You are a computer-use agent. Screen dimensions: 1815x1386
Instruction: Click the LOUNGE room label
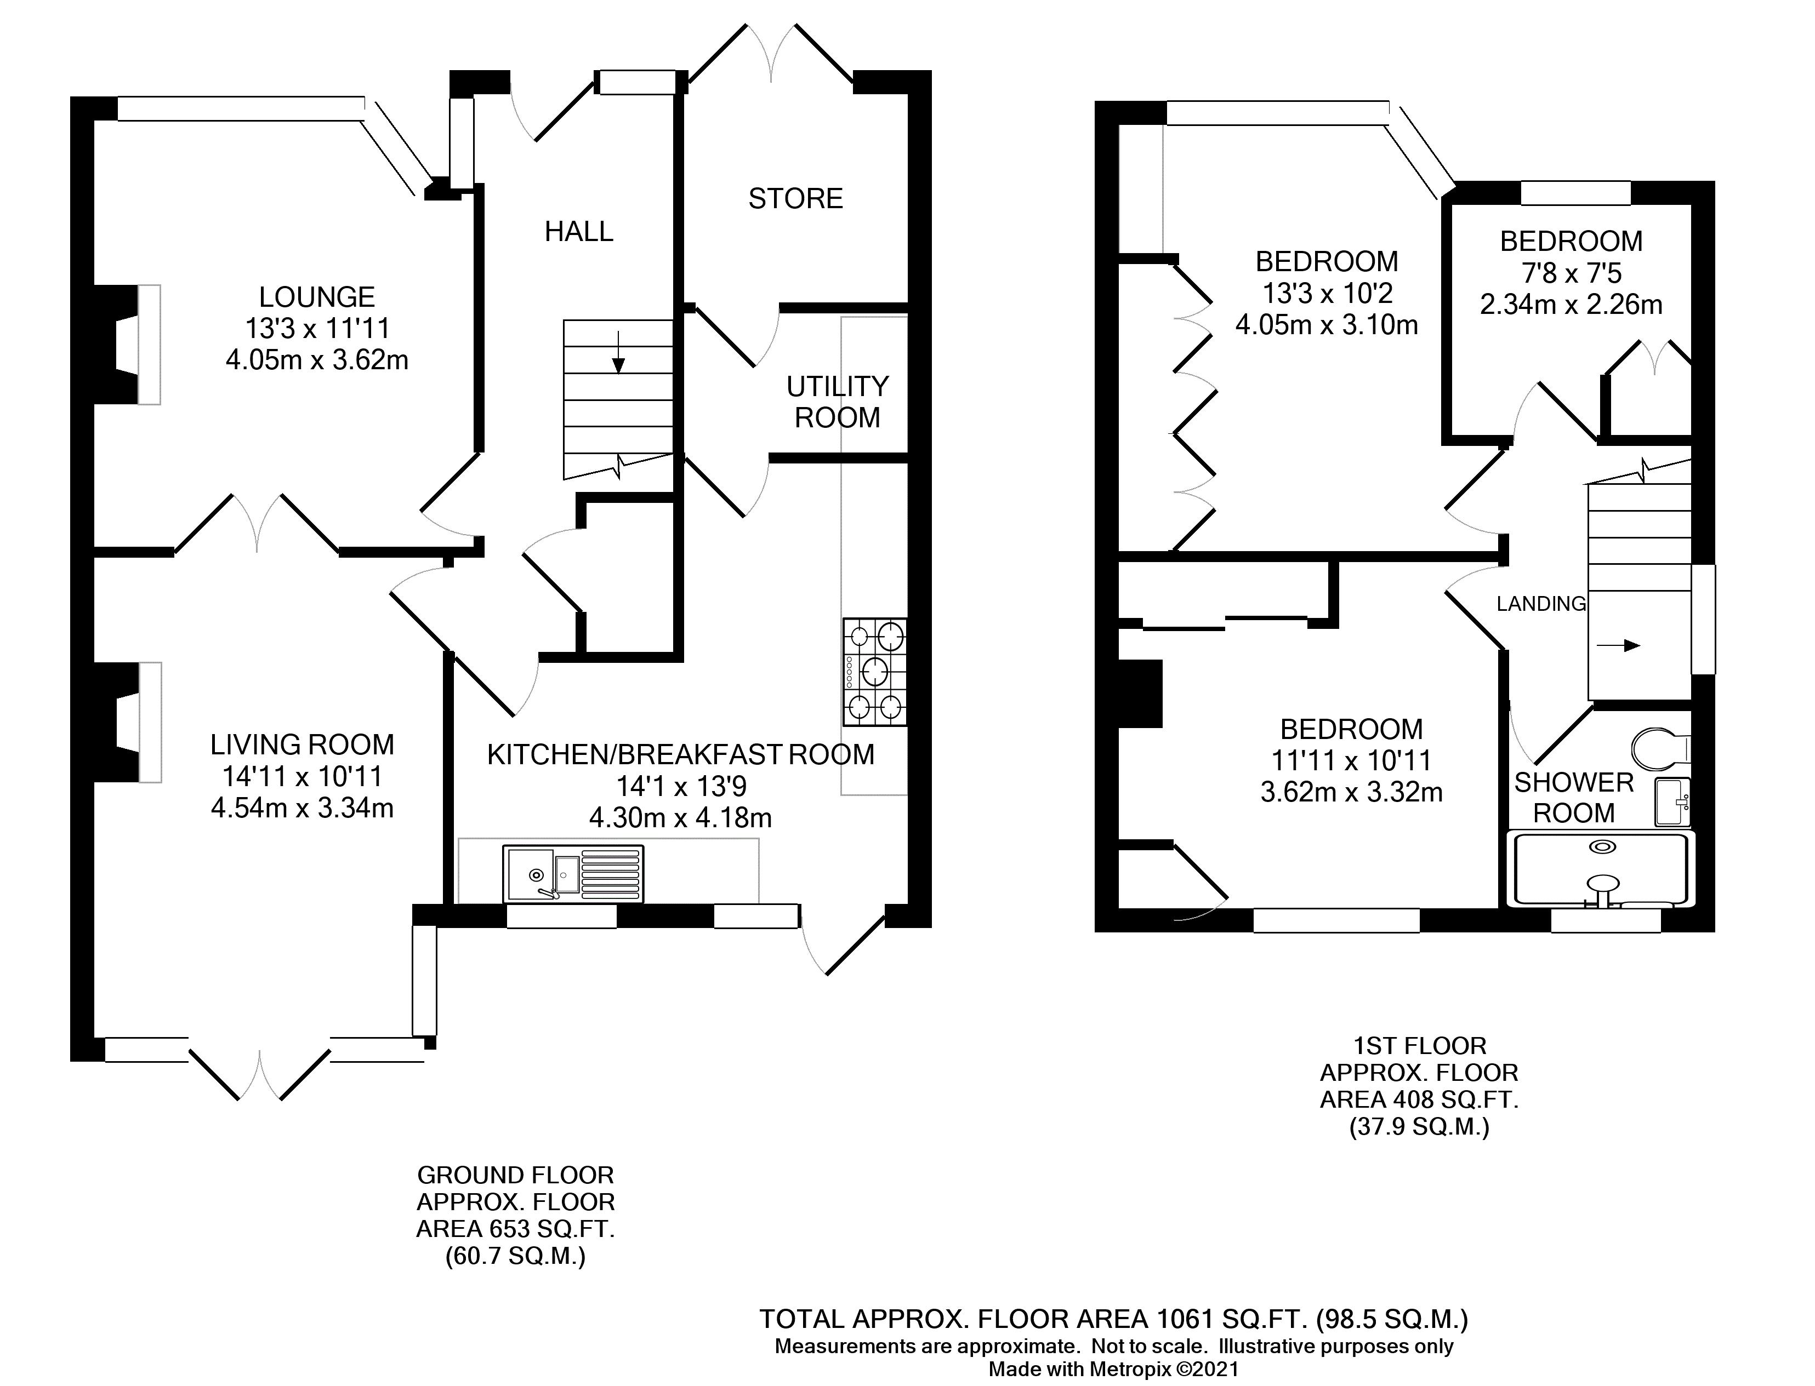tap(317, 296)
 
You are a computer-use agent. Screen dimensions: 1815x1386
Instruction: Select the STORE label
tap(795, 199)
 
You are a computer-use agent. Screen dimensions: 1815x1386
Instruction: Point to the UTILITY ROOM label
tap(837, 402)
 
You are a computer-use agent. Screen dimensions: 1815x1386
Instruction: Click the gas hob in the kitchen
tap(875, 672)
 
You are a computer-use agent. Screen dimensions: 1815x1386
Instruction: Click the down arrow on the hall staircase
tap(618, 352)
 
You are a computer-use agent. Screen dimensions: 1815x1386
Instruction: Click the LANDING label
tap(1541, 604)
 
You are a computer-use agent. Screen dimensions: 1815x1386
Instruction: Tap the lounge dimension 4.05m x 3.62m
tap(317, 360)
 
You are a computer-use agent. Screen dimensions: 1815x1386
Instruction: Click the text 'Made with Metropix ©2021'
tap(1114, 1368)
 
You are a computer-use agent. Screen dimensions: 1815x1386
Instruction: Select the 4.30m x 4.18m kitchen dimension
tap(680, 817)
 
